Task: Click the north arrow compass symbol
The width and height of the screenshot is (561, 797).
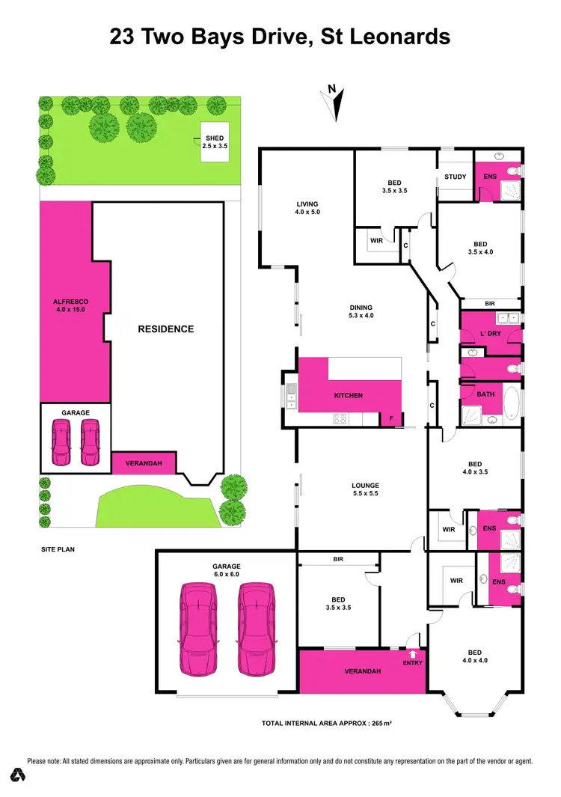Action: (x=337, y=103)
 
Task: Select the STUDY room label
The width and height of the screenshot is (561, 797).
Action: (x=455, y=177)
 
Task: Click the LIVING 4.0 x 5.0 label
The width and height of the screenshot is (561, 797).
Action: (x=307, y=209)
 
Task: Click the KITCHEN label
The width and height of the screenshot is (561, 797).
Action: (x=348, y=395)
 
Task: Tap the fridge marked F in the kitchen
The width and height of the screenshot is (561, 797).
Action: (x=390, y=418)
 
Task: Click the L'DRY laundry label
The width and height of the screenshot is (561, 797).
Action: (x=488, y=333)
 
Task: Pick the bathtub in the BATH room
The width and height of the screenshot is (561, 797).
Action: (x=511, y=405)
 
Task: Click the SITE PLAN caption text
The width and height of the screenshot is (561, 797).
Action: (x=58, y=549)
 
